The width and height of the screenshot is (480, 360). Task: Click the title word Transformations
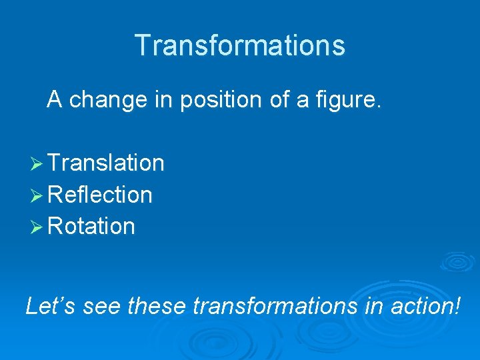pos(240,45)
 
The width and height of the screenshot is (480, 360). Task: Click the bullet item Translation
pos(106,163)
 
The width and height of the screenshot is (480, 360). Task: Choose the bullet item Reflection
pos(100,195)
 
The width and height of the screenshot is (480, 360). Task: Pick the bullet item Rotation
pos(91,227)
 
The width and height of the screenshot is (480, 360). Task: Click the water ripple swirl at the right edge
pos(458,262)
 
